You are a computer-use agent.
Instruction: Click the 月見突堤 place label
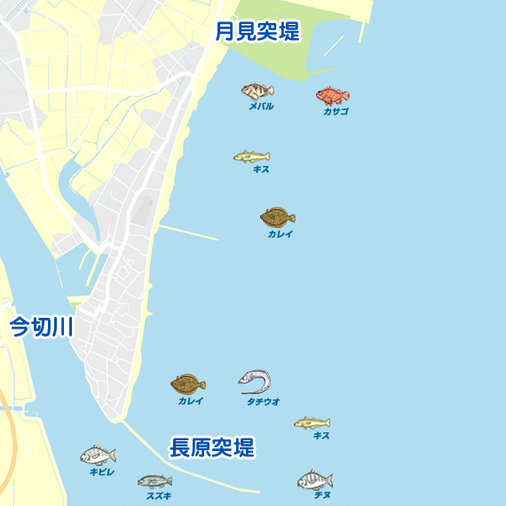click(257, 32)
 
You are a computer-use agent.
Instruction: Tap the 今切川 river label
click(41, 327)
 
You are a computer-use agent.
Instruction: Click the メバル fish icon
click(257, 91)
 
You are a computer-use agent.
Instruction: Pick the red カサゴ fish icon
click(333, 96)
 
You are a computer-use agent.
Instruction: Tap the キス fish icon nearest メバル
click(251, 156)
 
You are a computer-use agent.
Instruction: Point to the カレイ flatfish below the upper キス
click(278, 217)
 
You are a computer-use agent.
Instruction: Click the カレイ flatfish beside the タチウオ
click(188, 384)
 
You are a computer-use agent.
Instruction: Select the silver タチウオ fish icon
click(255, 382)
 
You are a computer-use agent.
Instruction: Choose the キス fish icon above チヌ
click(312, 423)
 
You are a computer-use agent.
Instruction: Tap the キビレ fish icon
click(98, 456)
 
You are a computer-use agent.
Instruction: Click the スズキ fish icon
click(154, 482)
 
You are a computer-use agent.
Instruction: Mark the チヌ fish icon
click(315, 480)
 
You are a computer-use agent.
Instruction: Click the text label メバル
click(261, 107)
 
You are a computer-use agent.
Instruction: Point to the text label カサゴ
click(336, 112)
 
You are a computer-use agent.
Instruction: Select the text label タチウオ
click(263, 401)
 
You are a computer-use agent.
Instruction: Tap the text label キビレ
click(102, 472)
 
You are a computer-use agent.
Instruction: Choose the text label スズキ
click(159, 495)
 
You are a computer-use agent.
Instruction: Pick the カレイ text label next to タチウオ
click(190, 401)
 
